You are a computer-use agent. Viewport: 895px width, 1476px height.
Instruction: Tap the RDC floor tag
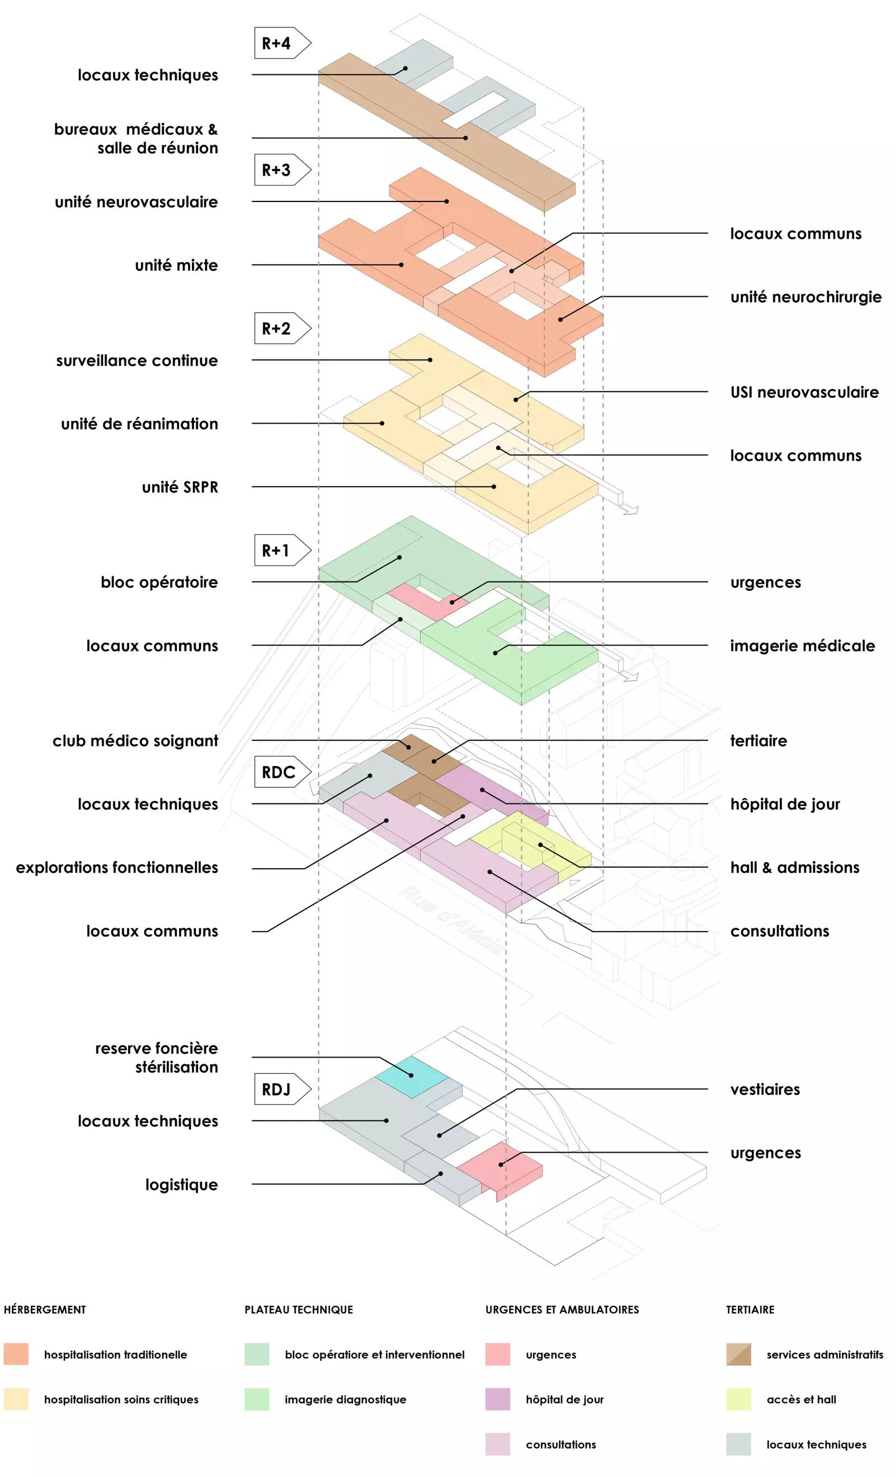click(x=279, y=772)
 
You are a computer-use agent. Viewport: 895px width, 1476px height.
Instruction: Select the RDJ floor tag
click(x=277, y=1089)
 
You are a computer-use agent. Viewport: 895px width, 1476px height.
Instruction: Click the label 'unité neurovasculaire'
click(x=136, y=202)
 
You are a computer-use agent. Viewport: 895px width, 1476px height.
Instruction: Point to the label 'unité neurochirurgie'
click(x=805, y=297)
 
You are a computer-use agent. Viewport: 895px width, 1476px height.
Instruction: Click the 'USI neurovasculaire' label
click(x=804, y=392)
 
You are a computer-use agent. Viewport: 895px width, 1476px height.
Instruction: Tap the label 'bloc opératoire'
click(x=159, y=582)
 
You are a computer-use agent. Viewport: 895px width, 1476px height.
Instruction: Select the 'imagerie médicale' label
click(x=802, y=646)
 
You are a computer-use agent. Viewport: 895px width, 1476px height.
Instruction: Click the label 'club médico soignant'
click(x=135, y=741)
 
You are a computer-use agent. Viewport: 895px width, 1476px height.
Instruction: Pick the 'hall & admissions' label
click(x=794, y=867)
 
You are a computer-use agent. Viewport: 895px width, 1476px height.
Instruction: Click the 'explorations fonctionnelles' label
click(x=117, y=867)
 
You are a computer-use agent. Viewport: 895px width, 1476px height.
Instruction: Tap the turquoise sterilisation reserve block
click(x=412, y=1077)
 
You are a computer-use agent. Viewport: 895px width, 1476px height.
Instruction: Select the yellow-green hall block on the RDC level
click(x=527, y=842)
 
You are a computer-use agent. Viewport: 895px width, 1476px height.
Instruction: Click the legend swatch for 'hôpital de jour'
click(x=497, y=1399)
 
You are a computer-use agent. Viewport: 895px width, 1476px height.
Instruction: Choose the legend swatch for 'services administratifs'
click(x=738, y=1355)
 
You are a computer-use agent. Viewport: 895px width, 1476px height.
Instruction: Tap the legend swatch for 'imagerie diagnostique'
click(x=256, y=1399)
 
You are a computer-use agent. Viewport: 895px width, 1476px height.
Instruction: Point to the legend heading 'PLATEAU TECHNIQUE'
click(x=298, y=1309)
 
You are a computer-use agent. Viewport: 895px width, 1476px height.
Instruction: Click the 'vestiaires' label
click(x=765, y=1089)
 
